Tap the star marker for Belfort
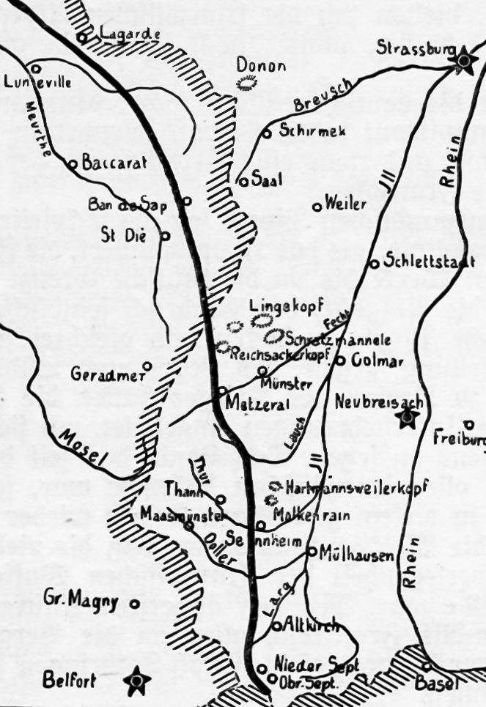136,681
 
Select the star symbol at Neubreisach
406,418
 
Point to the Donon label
261,66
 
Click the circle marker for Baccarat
73,165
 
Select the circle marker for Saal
243,182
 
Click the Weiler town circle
317,207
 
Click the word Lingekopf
286,306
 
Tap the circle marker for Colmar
340,360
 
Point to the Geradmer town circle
147,366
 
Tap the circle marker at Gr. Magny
134,604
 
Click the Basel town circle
427,667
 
